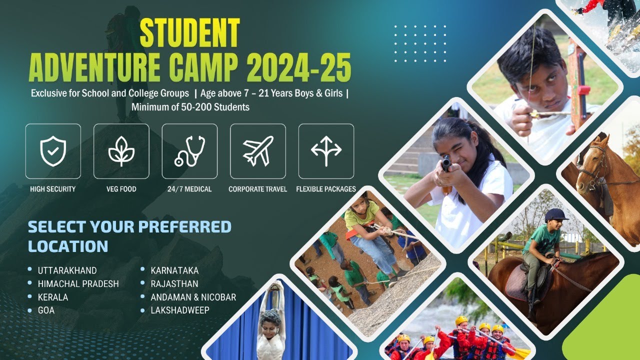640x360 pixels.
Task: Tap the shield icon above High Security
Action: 53,151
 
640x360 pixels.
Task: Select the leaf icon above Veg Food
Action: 121,151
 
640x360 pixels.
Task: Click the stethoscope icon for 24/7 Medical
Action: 189,151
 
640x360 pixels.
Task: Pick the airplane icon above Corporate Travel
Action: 257,151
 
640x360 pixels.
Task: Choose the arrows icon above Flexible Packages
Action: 326,151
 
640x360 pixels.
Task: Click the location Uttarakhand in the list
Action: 67,270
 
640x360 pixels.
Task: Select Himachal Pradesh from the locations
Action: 78,284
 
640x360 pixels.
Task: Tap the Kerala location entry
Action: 52,297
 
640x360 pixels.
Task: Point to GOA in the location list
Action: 46,310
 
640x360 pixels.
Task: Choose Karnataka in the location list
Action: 174,270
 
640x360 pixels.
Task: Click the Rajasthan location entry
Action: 174,284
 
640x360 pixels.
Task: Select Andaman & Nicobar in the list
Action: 193,297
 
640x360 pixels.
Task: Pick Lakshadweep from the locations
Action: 180,310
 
